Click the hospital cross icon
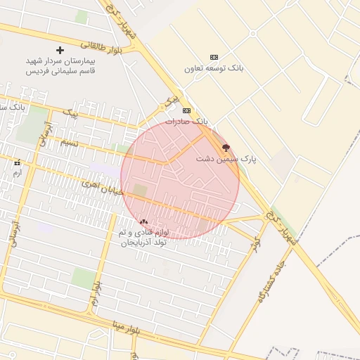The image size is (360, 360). click(x=60, y=50)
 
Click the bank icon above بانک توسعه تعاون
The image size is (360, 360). click(x=214, y=57)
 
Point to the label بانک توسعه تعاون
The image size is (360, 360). click(x=214, y=68)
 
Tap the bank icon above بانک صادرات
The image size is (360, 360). click(x=186, y=110)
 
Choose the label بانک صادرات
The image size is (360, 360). click(x=187, y=122)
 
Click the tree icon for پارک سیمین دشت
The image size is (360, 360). click(x=226, y=148)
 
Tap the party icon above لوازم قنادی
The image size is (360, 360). click(x=144, y=221)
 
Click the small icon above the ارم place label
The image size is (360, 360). click(x=17, y=162)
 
